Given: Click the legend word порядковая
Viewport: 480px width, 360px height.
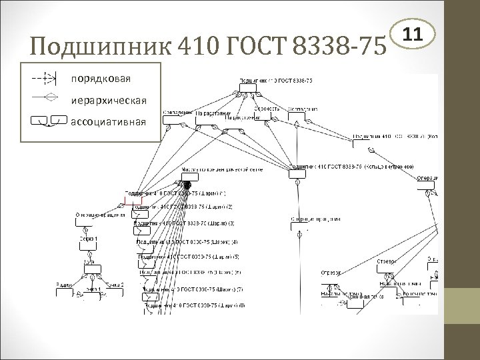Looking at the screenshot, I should (101, 79).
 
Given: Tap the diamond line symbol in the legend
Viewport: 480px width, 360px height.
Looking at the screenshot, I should (46, 99).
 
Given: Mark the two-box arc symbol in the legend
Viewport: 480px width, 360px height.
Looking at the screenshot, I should (49, 121).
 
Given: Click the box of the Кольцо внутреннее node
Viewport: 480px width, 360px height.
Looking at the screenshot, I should (296, 173).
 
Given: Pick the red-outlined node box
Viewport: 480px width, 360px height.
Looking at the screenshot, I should (133, 200).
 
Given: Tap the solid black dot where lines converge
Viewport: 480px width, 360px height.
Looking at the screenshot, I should (187, 184).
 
